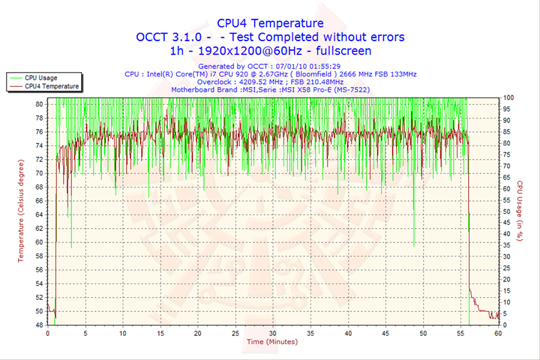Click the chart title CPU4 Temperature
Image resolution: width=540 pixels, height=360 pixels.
tap(270, 23)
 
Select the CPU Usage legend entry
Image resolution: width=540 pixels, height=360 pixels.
tap(41, 77)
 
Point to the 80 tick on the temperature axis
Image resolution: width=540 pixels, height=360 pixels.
tap(39, 103)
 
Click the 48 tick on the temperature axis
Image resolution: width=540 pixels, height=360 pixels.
tap(39, 325)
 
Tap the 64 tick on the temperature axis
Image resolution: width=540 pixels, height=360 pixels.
tap(39, 214)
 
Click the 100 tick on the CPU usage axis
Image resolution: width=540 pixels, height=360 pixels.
tap(508, 97)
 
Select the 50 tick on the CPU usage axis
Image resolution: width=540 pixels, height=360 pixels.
tap(507, 211)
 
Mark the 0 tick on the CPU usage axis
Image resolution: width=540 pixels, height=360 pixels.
tap(505, 325)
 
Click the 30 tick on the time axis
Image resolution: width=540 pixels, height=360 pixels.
tap(273, 333)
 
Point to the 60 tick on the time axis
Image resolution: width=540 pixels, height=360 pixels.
tap(498, 333)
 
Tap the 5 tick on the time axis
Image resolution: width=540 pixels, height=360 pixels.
tap(85, 333)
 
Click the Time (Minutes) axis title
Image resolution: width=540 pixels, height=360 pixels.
tap(272, 342)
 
